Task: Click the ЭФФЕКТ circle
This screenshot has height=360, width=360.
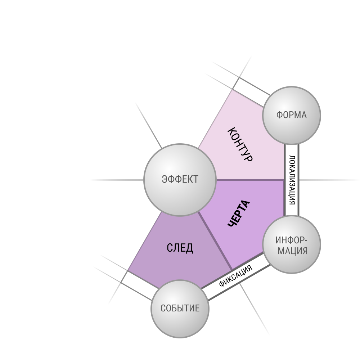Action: [180, 180]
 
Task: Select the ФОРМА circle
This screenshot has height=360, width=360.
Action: [291, 115]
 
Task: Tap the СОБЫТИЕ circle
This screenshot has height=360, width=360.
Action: [180, 309]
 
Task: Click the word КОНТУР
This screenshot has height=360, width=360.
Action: [240, 144]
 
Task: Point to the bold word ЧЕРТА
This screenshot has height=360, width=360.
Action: [239, 213]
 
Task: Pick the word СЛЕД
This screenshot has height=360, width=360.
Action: [180, 248]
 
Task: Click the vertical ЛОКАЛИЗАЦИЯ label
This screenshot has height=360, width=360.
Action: [292, 180]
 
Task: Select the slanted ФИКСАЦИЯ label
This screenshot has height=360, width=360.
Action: [235, 276]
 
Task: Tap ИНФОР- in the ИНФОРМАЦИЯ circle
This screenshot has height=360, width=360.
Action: [291, 240]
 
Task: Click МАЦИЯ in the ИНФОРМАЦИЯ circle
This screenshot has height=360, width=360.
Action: [292, 251]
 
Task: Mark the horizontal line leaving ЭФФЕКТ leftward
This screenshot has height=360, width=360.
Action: [117, 180]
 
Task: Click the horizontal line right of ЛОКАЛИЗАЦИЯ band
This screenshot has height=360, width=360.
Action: [329, 180]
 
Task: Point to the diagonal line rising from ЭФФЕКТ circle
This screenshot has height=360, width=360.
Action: [149, 125]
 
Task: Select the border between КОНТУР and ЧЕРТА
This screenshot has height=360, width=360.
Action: [250, 180]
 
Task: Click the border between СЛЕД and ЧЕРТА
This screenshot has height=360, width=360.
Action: [215, 241]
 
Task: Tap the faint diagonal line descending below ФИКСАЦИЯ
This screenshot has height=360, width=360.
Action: [255, 309]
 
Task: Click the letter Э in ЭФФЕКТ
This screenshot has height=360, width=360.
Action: [164, 179]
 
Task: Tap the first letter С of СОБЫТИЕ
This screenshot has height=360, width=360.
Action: [163, 309]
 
